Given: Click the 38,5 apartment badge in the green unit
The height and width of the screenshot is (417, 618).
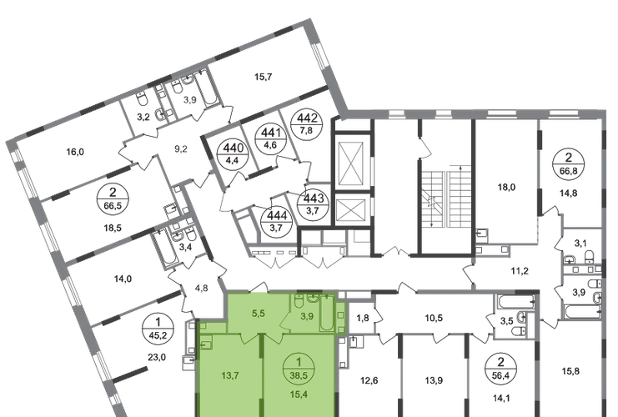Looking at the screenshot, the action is point(299,368).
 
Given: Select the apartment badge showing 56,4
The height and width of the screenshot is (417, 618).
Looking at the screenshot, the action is point(500,367).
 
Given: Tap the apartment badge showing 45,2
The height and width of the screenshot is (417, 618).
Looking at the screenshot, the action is point(158,328).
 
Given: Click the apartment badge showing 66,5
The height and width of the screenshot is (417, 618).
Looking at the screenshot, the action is point(113,198).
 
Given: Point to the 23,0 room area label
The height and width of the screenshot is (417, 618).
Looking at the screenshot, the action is point(157,358).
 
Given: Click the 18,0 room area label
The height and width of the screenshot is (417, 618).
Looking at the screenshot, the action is point(506,187).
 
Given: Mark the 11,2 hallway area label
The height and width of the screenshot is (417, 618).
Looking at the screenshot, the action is point(520,271).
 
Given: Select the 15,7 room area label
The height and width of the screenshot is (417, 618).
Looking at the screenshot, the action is point(263,77).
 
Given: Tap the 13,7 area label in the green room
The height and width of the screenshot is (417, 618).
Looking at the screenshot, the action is point(230,375).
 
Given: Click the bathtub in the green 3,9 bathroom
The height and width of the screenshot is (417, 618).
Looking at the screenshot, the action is point(326,313).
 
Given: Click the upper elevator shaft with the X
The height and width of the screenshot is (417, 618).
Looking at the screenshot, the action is point(350,163).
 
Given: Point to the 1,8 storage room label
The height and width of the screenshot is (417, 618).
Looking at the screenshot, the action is point(363,318).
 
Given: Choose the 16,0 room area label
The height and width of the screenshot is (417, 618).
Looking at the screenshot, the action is point(75,152).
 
